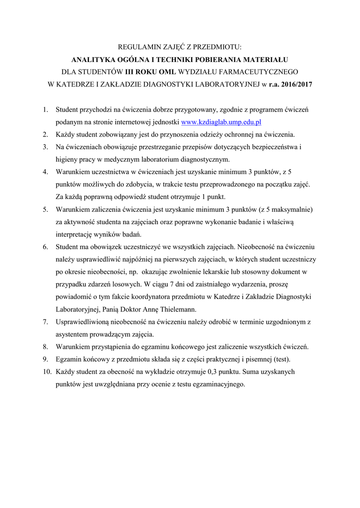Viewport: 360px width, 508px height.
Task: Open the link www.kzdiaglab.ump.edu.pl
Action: (221, 122)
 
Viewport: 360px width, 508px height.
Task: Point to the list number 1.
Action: (45, 109)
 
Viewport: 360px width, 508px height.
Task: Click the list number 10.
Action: (46, 372)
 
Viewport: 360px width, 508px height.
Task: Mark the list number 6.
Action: (45, 247)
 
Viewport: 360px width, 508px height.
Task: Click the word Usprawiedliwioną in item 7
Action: (81, 321)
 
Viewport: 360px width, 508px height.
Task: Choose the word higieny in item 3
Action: (67, 159)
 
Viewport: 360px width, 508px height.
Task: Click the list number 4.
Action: (45, 172)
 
